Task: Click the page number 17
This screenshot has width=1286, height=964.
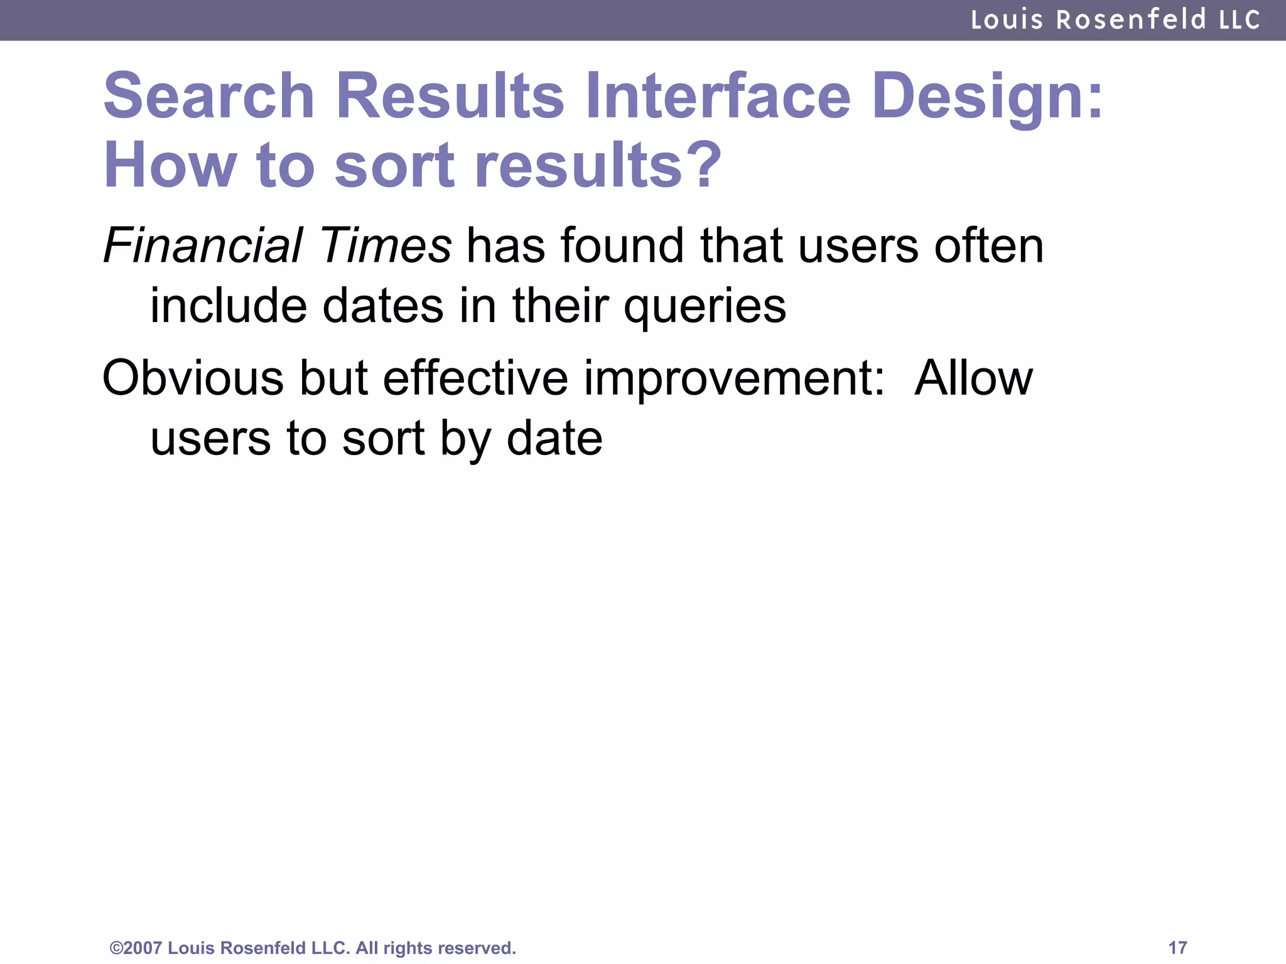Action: (x=1177, y=948)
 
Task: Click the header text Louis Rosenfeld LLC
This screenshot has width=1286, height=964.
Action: (x=1115, y=20)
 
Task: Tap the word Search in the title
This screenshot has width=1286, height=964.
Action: (x=209, y=96)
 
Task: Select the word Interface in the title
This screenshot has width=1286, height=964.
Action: (x=718, y=96)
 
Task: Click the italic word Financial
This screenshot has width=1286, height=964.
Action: (x=203, y=245)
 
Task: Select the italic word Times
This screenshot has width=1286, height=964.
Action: (x=385, y=245)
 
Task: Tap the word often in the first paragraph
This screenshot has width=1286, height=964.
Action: (x=988, y=245)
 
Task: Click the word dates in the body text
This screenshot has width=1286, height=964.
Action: (x=382, y=306)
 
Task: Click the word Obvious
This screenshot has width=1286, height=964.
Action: (x=193, y=378)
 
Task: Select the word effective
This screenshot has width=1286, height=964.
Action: (x=475, y=378)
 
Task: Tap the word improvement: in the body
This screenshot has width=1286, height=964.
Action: (x=734, y=380)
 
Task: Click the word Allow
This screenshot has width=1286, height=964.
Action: (x=973, y=378)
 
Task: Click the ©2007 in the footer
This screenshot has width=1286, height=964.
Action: (x=136, y=948)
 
